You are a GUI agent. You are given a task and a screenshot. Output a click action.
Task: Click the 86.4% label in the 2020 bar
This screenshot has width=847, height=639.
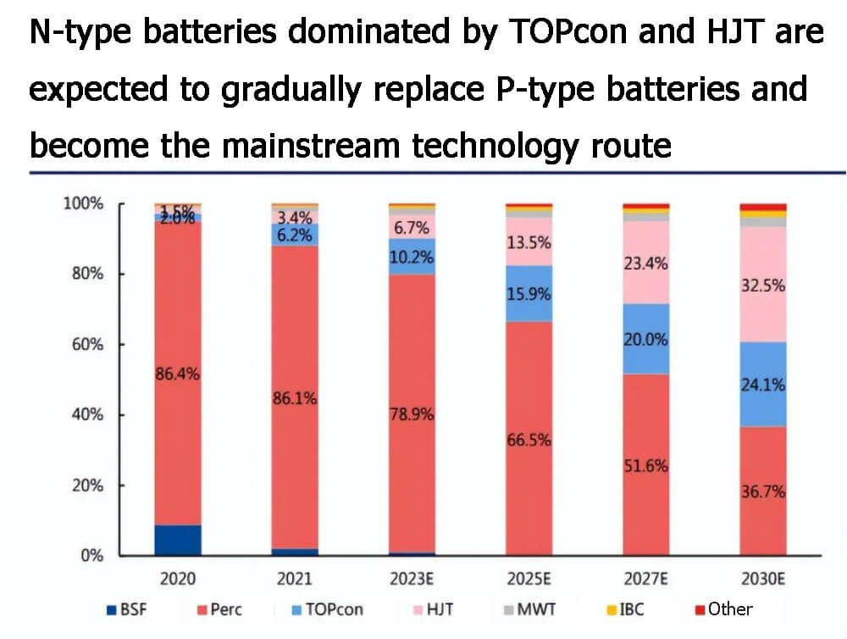point(178,373)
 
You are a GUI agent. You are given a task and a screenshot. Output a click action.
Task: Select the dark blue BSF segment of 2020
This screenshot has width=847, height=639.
point(178,540)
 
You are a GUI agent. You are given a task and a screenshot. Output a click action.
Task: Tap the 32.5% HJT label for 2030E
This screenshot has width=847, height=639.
point(762,286)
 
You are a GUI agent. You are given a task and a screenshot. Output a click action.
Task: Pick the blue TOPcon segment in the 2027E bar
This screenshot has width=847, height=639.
point(646,339)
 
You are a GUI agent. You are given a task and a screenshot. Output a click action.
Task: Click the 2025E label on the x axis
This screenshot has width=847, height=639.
point(529,579)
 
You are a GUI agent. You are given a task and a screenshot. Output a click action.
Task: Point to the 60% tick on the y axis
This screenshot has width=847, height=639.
point(86,344)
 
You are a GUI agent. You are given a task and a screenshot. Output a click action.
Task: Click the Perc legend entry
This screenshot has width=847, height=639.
point(224,608)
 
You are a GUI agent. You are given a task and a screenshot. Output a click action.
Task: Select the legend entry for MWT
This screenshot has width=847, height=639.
point(524,608)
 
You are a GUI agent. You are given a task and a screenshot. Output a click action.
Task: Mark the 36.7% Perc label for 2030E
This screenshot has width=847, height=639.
point(762,492)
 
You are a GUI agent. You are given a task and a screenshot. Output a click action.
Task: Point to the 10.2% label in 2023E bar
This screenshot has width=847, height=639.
point(412,258)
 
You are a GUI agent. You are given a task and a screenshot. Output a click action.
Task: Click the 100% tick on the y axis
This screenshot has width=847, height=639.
point(83,204)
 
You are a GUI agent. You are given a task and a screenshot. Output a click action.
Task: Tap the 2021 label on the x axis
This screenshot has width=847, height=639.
point(294,579)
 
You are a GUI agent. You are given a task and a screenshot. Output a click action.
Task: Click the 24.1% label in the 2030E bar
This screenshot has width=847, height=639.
point(762,384)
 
